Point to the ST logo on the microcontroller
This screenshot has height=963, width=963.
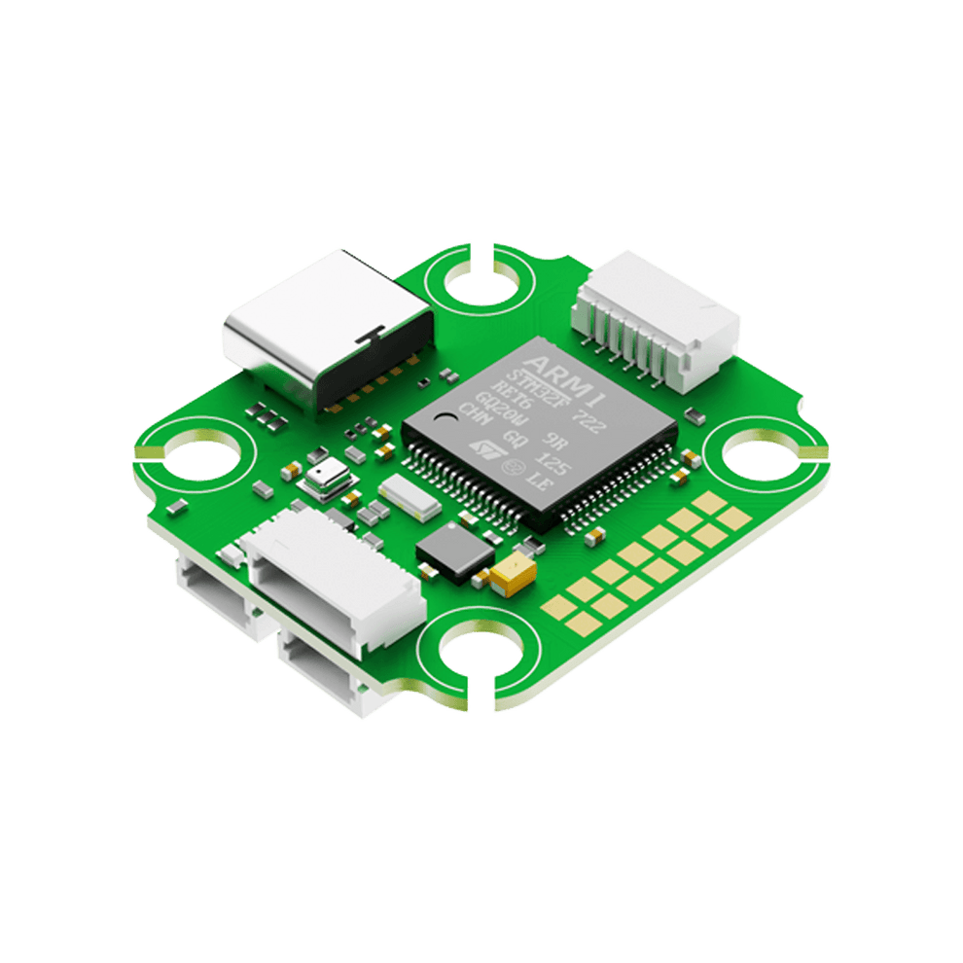pyautogui.click(x=483, y=446)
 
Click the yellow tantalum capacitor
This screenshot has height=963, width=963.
pyautogui.click(x=513, y=576)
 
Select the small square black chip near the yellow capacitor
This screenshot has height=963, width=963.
pyautogui.click(x=455, y=550)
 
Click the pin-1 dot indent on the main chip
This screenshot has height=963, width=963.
pyautogui.click(x=446, y=418)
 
